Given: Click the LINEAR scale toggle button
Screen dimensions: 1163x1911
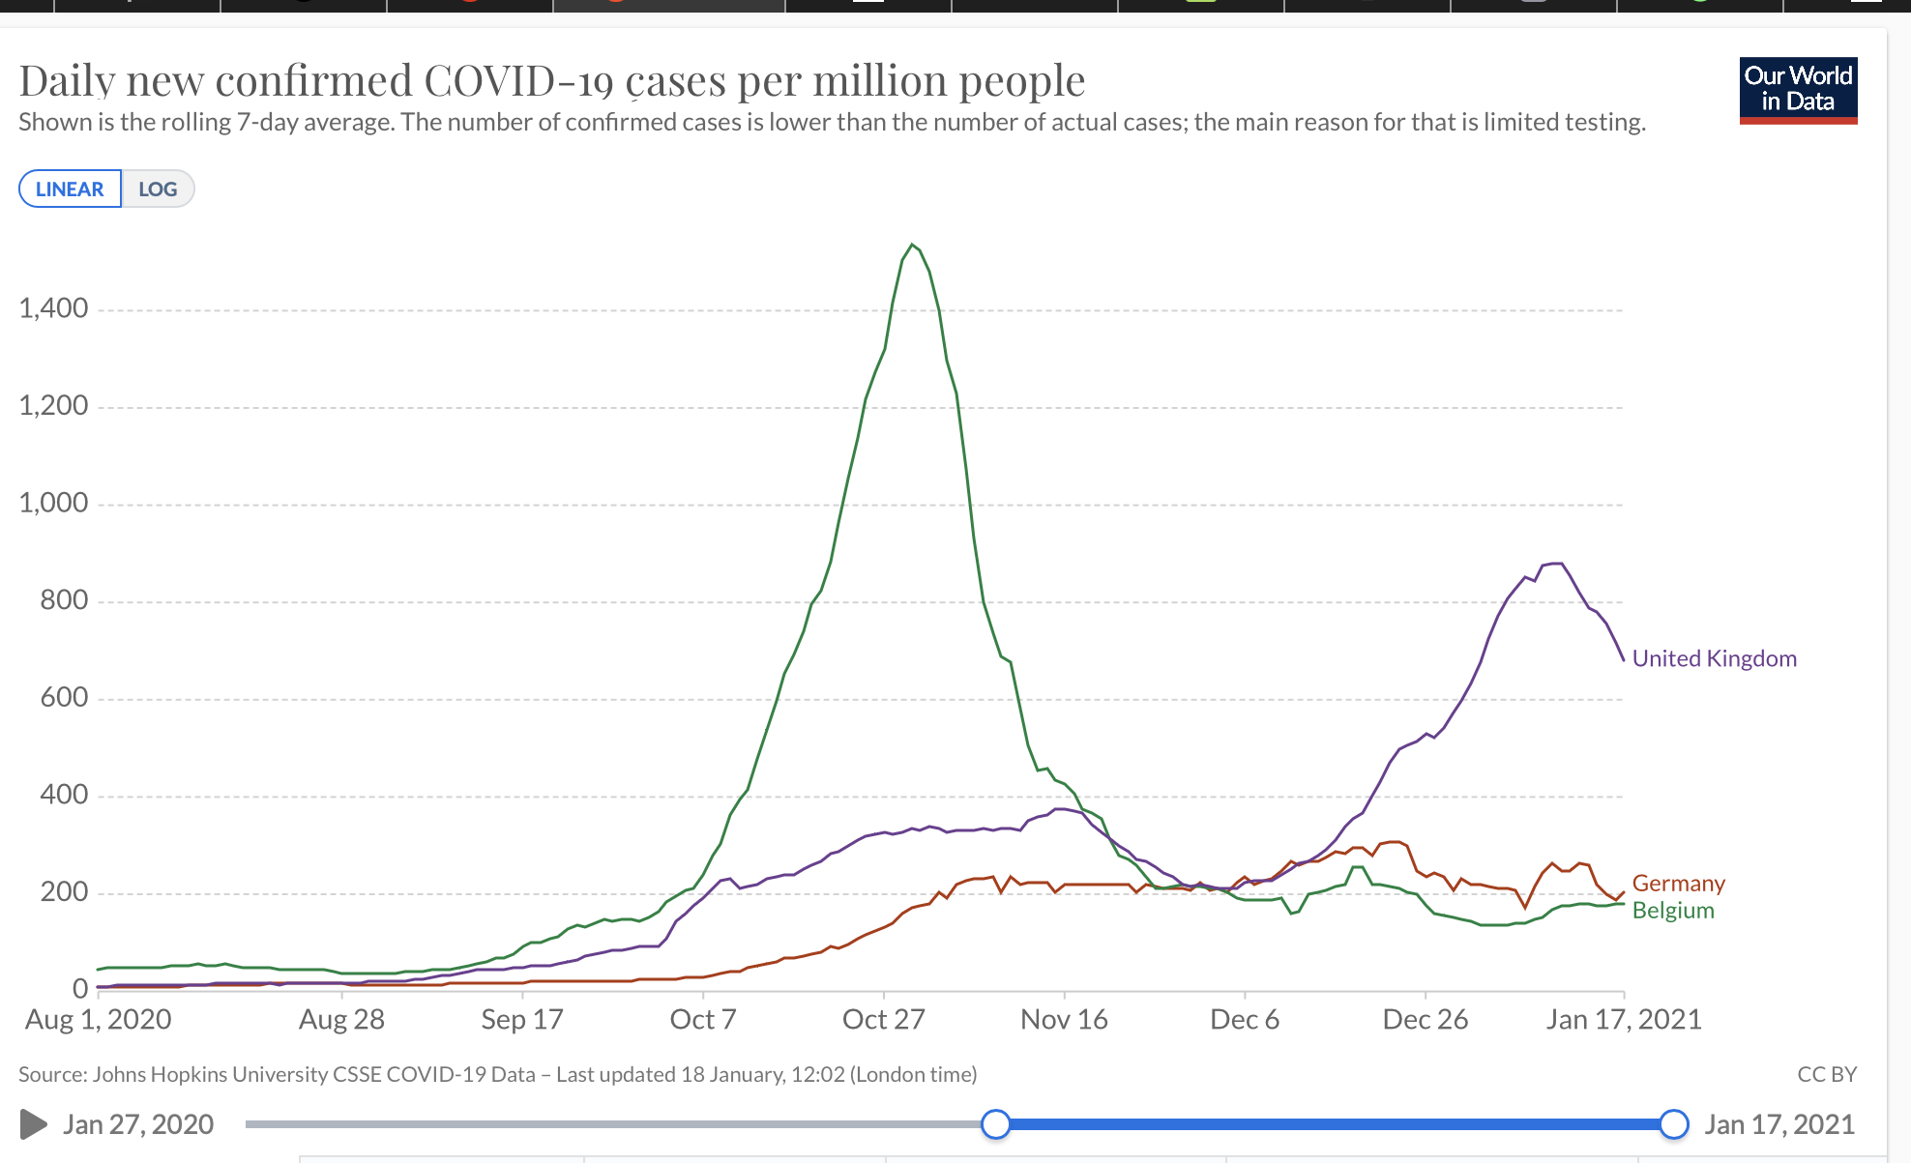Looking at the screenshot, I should [x=70, y=189].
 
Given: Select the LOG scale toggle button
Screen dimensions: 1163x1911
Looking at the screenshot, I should [x=158, y=189].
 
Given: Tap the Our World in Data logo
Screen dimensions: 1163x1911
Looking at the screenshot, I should [x=1798, y=90].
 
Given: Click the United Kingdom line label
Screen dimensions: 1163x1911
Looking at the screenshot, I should [x=1714, y=658].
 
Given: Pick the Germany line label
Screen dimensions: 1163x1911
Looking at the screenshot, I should [x=1678, y=884].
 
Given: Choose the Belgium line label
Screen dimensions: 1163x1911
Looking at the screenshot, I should [x=1673, y=911].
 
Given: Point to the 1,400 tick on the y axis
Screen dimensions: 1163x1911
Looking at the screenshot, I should [x=53, y=308].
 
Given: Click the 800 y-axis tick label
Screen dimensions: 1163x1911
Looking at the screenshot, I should [x=64, y=600].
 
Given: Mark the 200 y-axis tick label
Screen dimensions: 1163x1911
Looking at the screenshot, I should [x=64, y=891].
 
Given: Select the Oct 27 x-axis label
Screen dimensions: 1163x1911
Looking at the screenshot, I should [x=883, y=1019].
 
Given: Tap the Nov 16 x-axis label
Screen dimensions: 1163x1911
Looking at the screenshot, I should [x=1064, y=1019].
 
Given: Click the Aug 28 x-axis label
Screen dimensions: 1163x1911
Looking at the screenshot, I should [x=341, y=1019].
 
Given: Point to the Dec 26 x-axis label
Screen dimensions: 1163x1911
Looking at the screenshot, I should [x=1425, y=1019].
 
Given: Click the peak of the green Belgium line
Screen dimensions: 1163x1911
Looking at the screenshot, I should [x=912, y=245].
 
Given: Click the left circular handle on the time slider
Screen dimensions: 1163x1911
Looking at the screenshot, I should [x=995, y=1124].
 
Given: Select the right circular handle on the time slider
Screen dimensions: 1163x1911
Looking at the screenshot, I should [x=1674, y=1124].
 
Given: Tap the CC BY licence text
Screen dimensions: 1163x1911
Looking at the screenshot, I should [x=1826, y=1074].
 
